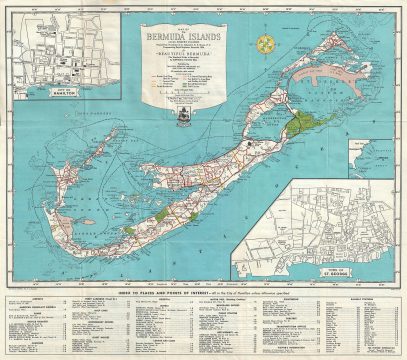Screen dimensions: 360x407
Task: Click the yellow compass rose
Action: (264, 45)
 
